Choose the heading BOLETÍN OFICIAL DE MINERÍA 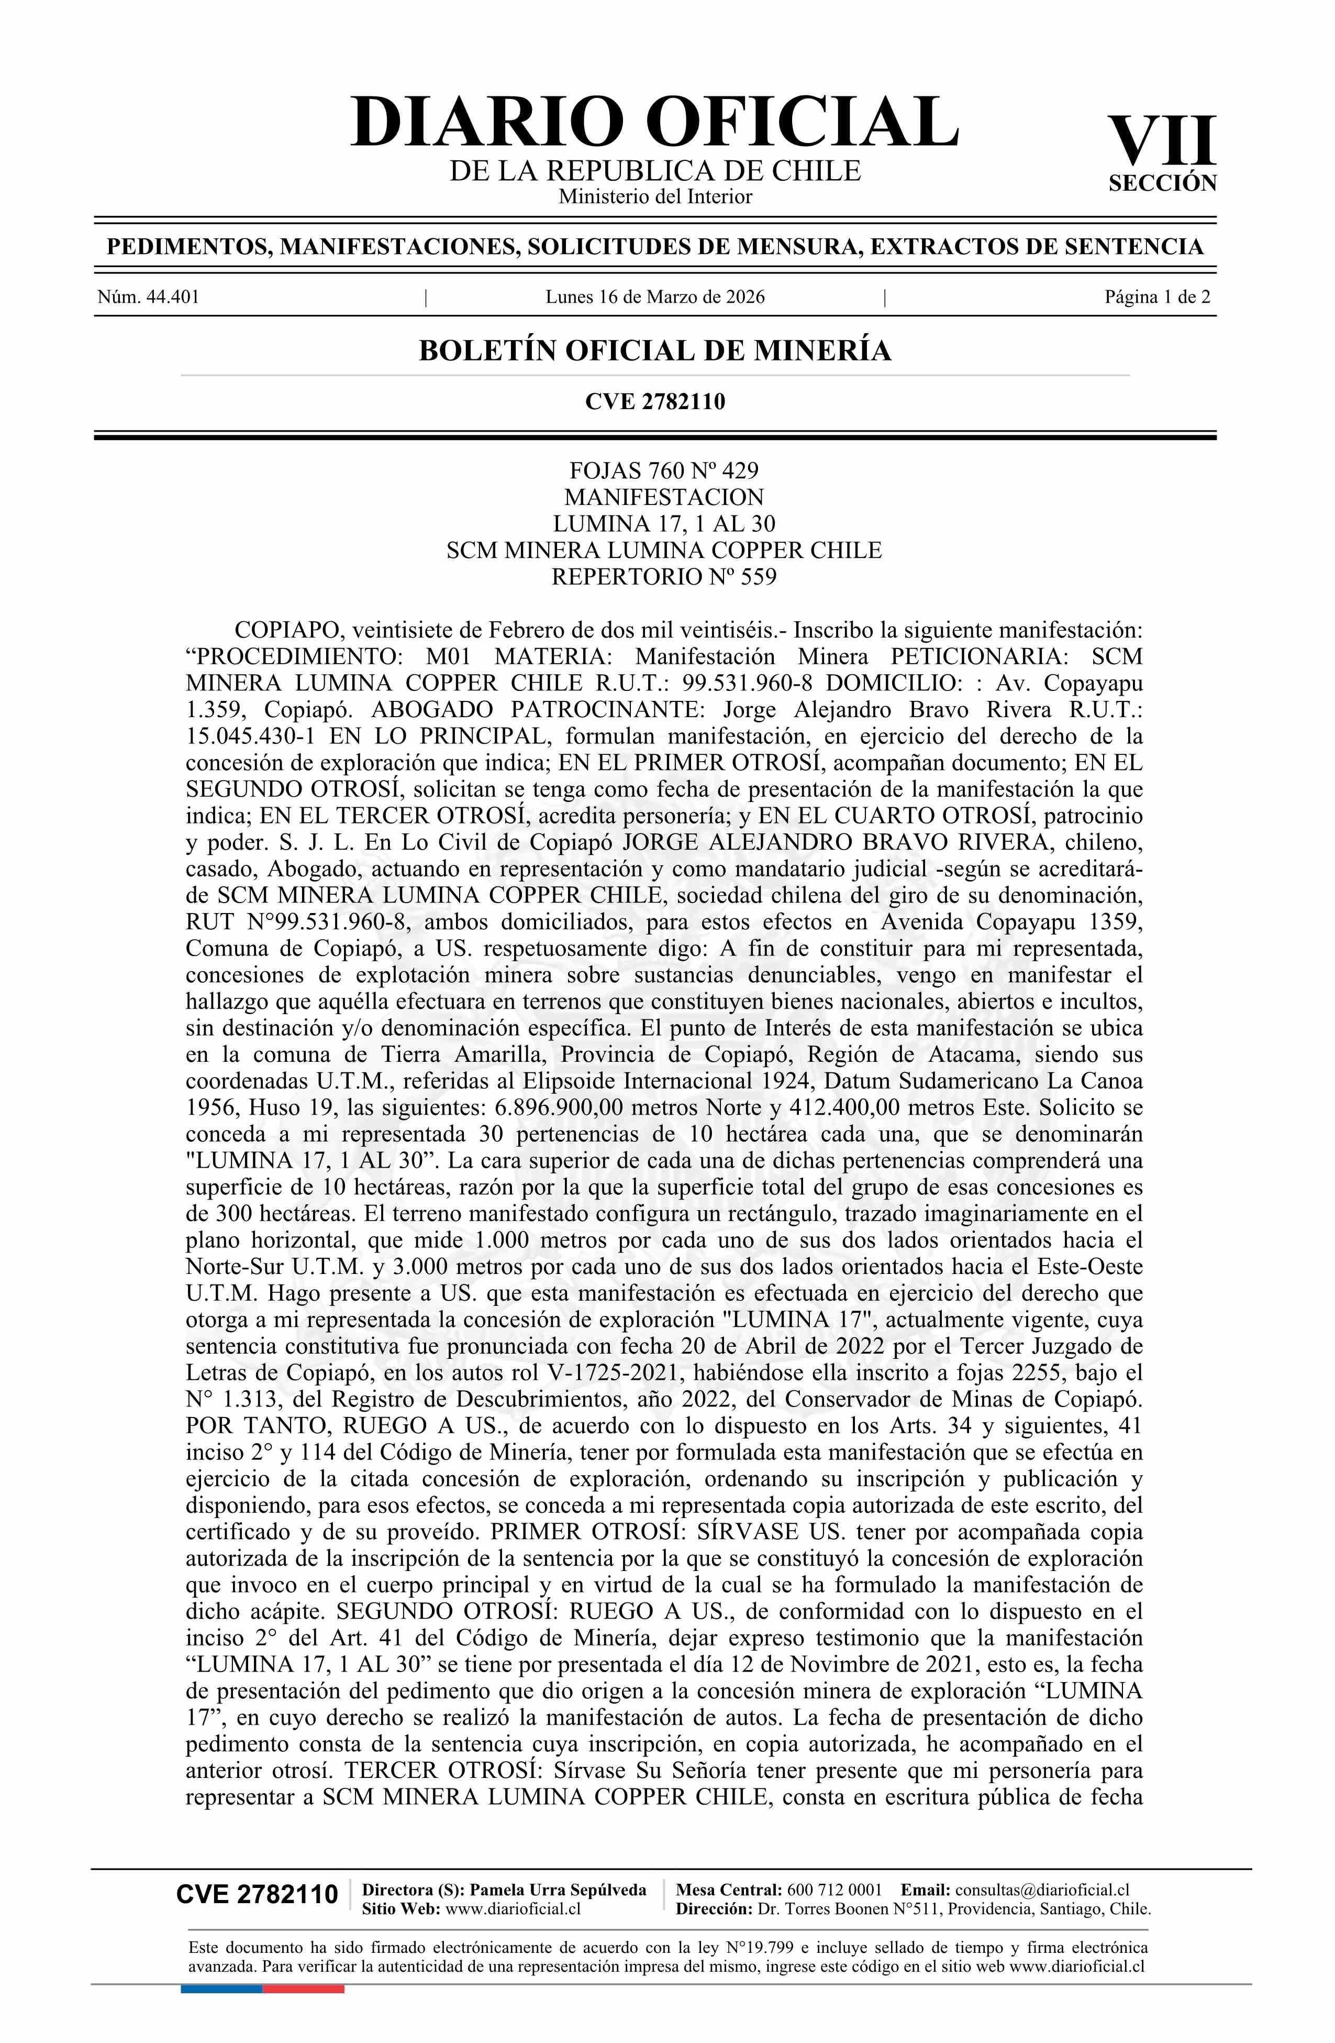click(654, 351)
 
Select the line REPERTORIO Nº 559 click(663, 577)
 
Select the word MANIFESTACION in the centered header click(663, 497)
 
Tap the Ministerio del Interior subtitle click(654, 196)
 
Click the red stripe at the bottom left click(303, 1965)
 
